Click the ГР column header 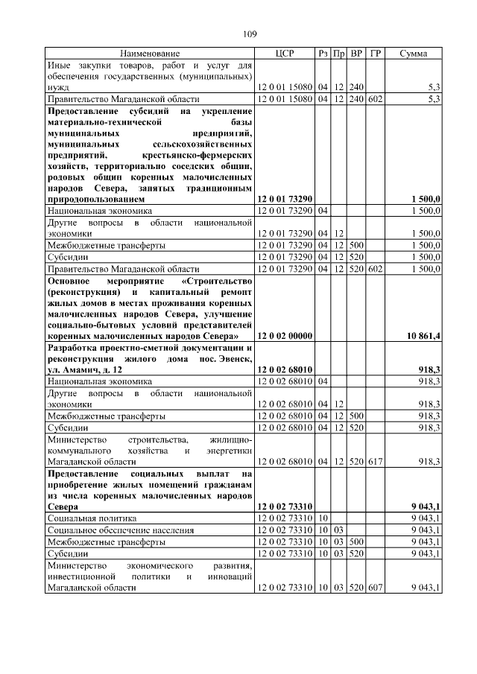[x=375, y=54]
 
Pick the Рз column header [x=323, y=54]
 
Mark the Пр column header [x=338, y=54]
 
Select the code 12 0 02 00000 [x=285, y=337]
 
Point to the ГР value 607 [x=375, y=588]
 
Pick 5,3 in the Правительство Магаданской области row [x=435, y=98]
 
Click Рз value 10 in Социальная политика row [x=323, y=518]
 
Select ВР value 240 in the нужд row [x=356, y=87]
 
